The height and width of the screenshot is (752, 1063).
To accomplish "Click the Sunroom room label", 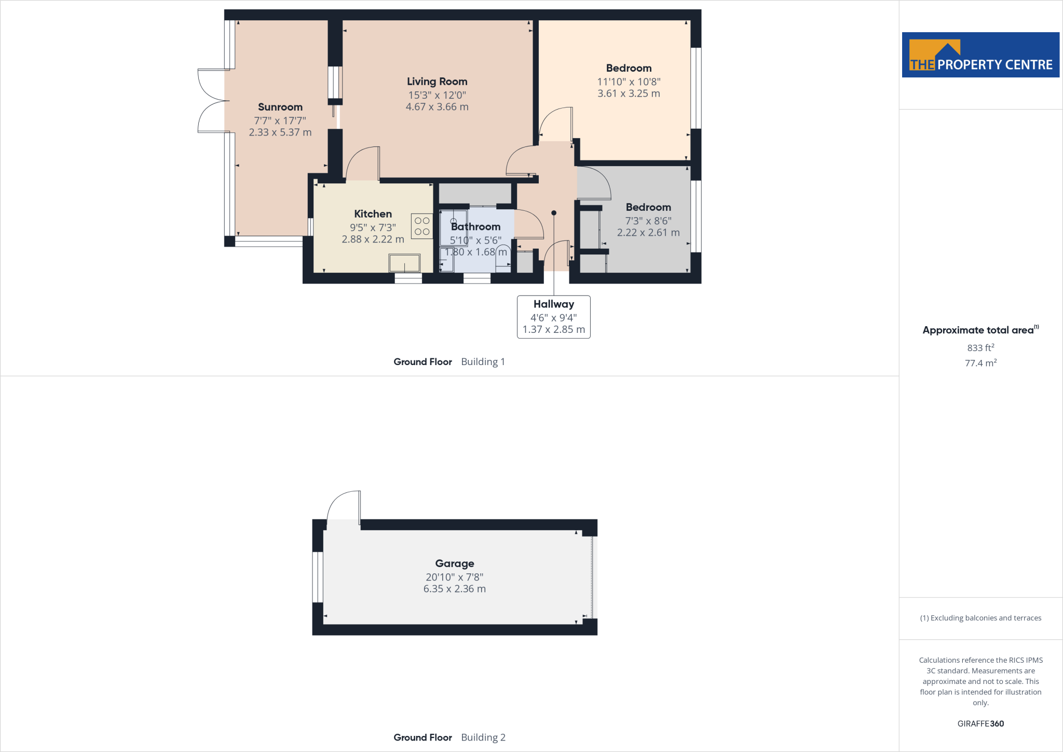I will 280,107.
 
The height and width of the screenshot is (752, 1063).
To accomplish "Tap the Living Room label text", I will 437,82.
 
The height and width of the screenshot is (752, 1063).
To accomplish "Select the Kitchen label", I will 373,214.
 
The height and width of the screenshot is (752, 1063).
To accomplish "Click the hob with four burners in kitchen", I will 422,226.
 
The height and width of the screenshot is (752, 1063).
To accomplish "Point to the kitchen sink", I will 404,263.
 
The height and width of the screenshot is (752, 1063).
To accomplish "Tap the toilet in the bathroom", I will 503,258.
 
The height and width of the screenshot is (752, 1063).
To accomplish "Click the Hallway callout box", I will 553,317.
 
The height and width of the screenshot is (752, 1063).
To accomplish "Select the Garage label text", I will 455,563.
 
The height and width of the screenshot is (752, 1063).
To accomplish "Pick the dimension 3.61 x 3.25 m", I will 629,93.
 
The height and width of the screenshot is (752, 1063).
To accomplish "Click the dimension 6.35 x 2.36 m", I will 455,589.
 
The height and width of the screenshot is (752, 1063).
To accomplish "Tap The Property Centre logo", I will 980,55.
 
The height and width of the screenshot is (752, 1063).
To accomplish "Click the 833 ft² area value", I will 980,348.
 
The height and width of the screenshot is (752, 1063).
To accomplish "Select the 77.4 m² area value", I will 980,363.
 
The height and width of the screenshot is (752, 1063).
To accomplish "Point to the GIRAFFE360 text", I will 980,723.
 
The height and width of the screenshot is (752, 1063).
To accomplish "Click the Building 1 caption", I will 483,362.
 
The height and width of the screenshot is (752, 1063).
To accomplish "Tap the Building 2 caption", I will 483,737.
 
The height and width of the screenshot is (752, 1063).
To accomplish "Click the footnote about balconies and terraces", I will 980,618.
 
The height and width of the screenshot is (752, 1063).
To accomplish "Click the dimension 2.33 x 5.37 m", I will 280,132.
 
